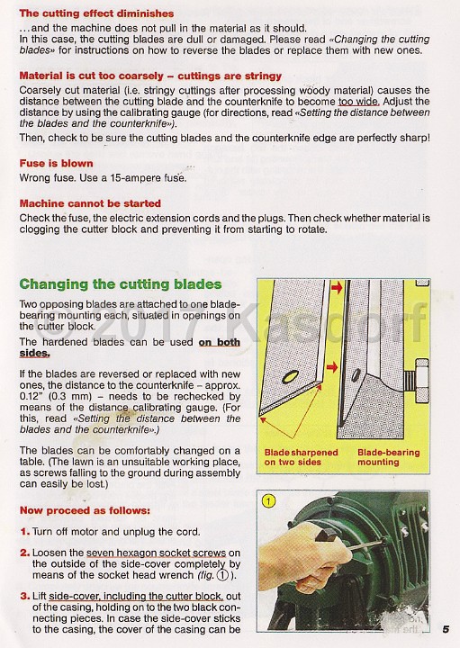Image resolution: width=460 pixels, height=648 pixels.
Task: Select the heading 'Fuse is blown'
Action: click(56, 164)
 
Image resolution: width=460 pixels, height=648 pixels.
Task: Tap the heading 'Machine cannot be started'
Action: click(90, 203)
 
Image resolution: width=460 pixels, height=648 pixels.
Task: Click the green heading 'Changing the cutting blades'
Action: click(120, 284)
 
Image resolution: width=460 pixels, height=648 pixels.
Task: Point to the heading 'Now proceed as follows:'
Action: click(85, 510)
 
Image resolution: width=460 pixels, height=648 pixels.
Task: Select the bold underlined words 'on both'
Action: click(219, 342)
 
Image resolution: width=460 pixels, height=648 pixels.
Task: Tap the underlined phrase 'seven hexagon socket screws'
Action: click(158, 552)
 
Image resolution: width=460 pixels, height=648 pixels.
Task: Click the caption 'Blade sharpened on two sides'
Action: click(301, 457)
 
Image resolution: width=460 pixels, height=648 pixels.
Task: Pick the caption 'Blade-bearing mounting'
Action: click(390, 457)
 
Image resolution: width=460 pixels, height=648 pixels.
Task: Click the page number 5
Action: click(445, 630)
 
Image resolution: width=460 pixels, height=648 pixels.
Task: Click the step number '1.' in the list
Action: click(25, 532)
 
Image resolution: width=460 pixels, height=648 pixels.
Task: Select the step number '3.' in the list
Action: click(25, 596)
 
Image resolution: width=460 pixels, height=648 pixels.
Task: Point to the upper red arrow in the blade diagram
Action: click(337, 288)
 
